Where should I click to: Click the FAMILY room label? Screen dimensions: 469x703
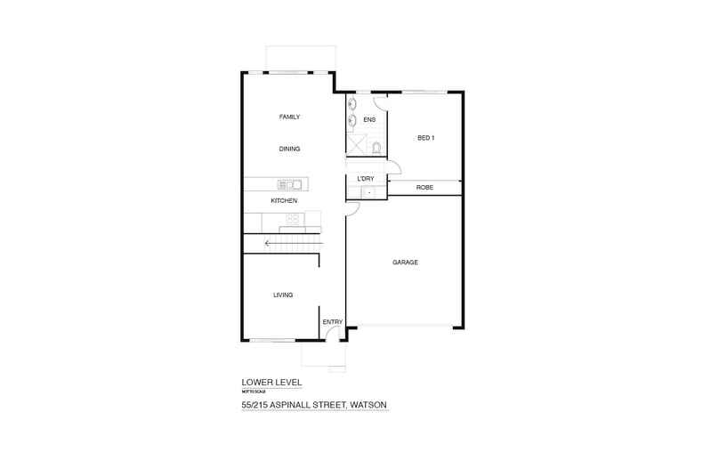pos(288,117)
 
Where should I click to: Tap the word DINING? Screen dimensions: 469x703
pos(288,149)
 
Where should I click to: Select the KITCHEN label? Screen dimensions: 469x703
pos(284,201)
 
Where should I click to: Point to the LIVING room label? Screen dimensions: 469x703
pos(283,295)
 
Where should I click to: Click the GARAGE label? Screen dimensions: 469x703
pos(405,263)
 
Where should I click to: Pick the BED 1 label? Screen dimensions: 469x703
pos(425,138)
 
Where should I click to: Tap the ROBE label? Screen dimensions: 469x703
pos(424,188)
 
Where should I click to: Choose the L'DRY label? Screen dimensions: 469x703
pos(365,179)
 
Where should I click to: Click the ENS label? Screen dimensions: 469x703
pos(369,118)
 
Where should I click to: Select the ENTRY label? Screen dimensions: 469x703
pos(332,321)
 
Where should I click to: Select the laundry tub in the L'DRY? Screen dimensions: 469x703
pos(369,191)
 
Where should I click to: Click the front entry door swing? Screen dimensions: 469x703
pos(330,335)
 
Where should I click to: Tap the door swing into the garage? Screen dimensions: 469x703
pos(352,209)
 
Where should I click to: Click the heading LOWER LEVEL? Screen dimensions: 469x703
pos(271,383)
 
